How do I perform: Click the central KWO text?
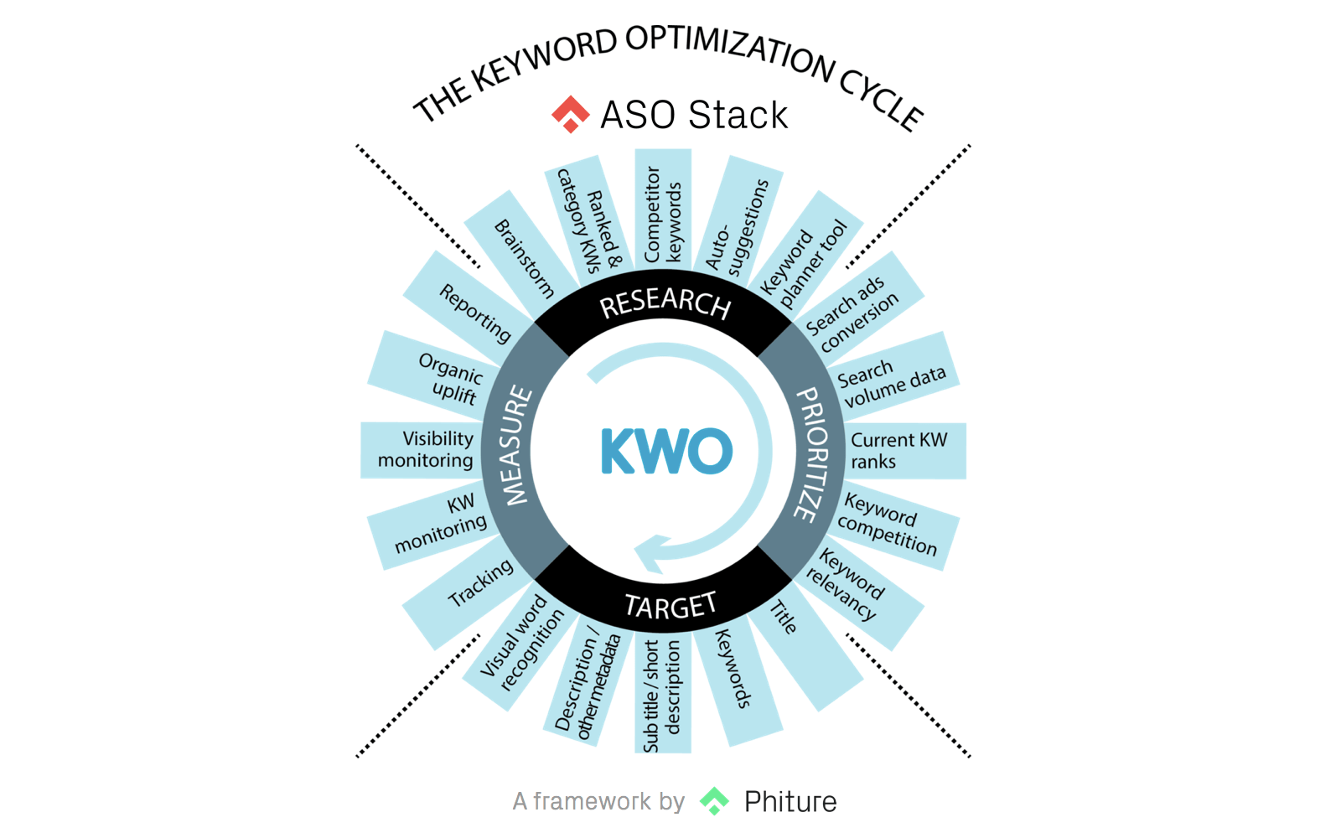(x=666, y=451)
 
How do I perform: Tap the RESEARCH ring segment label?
(x=665, y=303)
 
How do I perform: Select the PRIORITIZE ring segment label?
(x=810, y=453)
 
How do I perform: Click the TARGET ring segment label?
(x=670, y=604)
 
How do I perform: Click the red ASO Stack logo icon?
(x=571, y=114)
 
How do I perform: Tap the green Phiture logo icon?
(x=715, y=801)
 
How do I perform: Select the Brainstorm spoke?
(x=523, y=258)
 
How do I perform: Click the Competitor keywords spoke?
(x=662, y=213)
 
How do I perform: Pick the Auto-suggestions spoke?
(x=737, y=225)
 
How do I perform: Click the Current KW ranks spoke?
(x=898, y=451)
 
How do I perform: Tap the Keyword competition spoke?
(x=889, y=525)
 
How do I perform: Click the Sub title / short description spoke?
(x=662, y=696)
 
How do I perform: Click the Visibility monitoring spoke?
(x=426, y=450)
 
